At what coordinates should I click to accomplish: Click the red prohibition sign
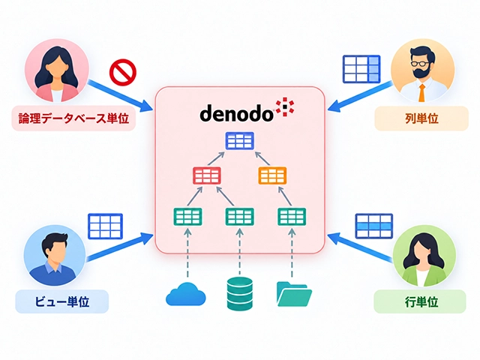click(123, 72)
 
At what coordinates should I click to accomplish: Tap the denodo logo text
click(236, 112)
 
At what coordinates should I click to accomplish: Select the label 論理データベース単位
click(73, 118)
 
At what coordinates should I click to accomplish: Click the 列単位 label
click(421, 118)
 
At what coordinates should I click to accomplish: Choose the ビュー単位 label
click(61, 301)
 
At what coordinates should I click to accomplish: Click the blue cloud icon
click(186, 294)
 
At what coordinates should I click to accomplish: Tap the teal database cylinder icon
click(240, 293)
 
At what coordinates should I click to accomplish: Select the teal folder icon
click(294, 294)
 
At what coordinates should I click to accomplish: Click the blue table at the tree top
click(240, 141)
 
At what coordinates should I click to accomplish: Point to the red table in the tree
click(207, 175)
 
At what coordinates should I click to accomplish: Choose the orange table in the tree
click(272, 175)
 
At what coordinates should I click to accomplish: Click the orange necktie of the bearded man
click(421, 92)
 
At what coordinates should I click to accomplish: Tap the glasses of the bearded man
click(420, 64)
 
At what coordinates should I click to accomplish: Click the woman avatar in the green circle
click(424, 256)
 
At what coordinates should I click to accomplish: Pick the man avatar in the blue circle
click(55, 255)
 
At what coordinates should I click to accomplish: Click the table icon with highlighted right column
click(361, 69)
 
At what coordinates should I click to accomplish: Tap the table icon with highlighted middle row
click(374, 226)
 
